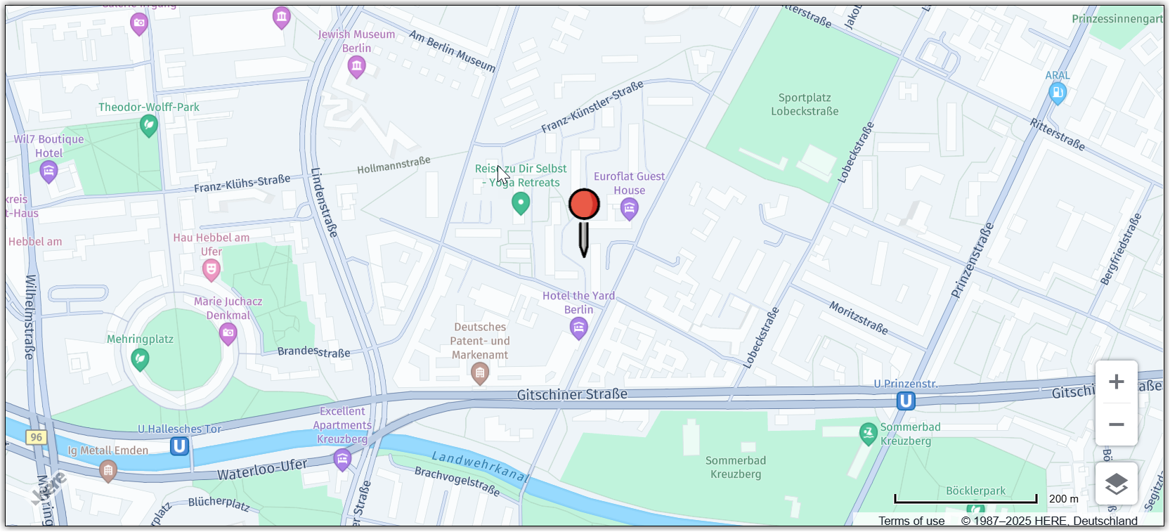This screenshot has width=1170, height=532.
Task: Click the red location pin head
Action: click(584, 204)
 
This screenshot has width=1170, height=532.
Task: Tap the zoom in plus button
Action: click(1116, 382)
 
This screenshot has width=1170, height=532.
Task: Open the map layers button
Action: click(1116, 484)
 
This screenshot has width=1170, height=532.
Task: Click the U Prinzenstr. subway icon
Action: click(906, 401)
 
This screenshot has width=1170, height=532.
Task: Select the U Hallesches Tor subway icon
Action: click(179, 446)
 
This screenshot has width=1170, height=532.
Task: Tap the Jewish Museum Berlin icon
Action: click(356, 67)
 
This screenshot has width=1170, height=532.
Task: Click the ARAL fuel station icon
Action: click(1057, 92)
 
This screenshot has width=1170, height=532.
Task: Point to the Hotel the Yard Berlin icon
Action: click(578, 327)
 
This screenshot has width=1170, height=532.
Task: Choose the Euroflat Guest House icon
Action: click(629, 208)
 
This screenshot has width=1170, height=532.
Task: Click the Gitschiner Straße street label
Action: click(572, 394)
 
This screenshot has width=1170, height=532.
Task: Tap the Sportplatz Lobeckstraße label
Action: click(805, 105)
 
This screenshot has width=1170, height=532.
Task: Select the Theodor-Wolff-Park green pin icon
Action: click(148, 126)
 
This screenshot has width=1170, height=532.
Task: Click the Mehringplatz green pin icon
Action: click(140, 359)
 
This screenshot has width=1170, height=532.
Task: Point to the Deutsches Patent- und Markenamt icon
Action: click(480, 374)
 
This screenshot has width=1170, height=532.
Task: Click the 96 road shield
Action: click(36, 437)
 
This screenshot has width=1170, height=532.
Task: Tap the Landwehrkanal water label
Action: click(480, 466)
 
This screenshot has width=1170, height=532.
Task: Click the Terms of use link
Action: click(911, 521)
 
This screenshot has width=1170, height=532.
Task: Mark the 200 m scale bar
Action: click(966, 500)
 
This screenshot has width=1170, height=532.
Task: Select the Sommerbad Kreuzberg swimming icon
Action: click(869, 433)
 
